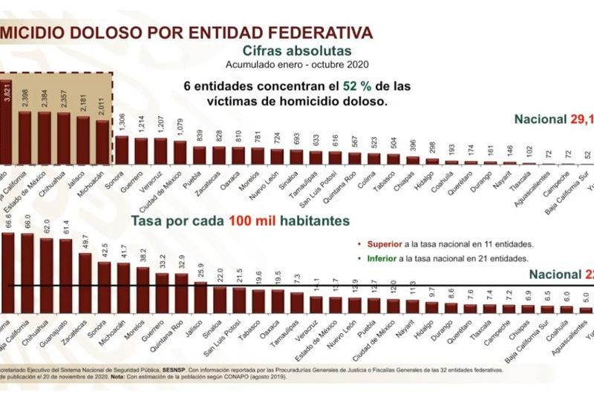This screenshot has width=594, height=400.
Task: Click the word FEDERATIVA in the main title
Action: [311, 33]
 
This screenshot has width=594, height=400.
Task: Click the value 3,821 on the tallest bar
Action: [7, 97]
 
